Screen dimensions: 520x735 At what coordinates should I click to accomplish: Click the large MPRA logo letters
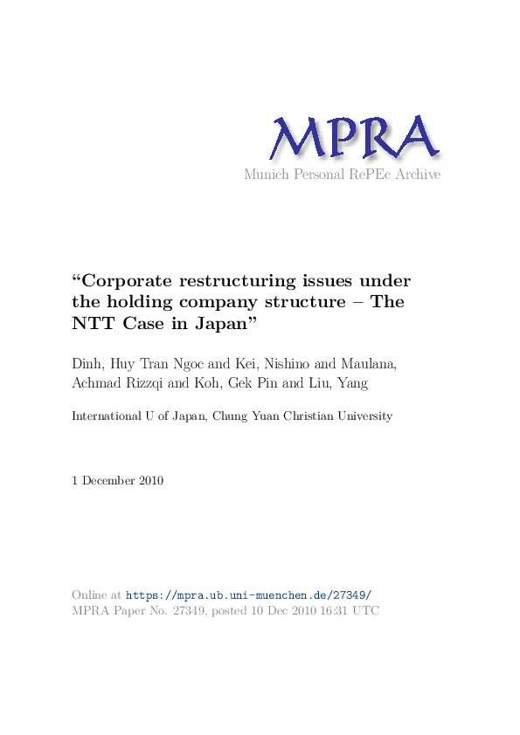click(353, 139)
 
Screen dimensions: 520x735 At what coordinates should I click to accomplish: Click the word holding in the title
click(139, 302)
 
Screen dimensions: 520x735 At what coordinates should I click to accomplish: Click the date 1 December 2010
click(118, 481)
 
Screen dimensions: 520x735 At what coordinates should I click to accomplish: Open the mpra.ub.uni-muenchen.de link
click(249, 594)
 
